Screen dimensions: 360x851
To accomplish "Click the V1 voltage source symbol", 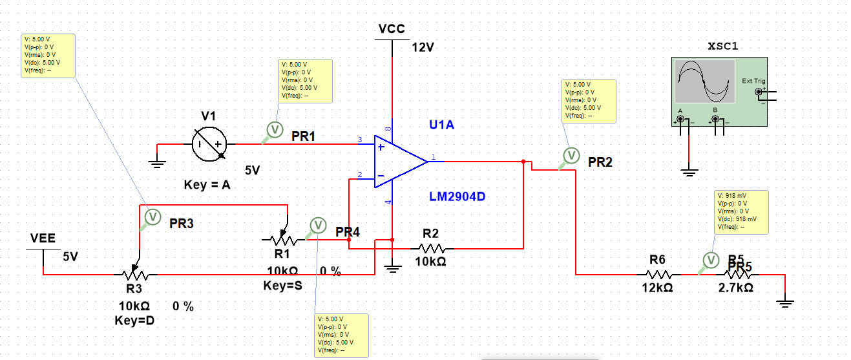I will click(x=211, y=143).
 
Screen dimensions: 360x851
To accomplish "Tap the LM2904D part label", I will click(x=456, y=196).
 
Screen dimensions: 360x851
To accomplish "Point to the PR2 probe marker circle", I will click(x=571, y=155).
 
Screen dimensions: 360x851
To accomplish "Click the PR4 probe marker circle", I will click(x=317, y=225).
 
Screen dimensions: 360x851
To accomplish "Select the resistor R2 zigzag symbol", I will click(x=431, y=248).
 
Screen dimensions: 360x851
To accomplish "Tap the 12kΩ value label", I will click(x=657, y=288).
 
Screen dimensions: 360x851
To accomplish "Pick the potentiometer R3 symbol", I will click(x=134, y=274).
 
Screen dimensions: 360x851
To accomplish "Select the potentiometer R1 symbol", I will click(x=282, y=240).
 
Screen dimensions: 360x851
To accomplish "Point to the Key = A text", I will click(x=207, y=185).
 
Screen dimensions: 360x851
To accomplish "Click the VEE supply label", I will click(x=43, y=239).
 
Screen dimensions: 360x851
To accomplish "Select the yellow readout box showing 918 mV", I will click(x=741, y=212).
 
